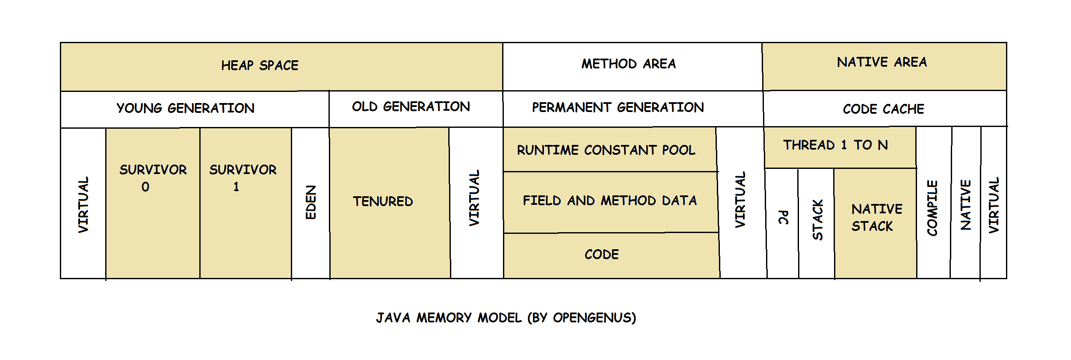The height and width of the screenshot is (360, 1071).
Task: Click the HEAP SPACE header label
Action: (260, 65)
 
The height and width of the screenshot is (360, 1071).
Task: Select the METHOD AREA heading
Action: (628, 64)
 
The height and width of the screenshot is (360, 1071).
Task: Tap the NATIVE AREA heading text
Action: (882, 62)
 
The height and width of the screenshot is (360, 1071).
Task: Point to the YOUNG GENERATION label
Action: (185, 108)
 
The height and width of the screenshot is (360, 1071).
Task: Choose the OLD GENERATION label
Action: (411, 106)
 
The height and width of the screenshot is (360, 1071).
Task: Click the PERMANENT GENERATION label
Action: (618, 107)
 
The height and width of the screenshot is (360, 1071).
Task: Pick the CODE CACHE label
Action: (883, 109)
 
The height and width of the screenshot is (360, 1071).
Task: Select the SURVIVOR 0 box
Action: (153, 203)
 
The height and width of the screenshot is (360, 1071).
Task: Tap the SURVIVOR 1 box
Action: (246, 203)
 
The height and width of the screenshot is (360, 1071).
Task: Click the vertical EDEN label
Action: (311, 202)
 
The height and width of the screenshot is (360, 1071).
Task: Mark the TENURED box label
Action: (383, 201)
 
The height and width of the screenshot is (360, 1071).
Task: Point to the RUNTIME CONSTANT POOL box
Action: (610, 150)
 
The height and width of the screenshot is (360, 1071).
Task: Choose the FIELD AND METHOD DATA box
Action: (611, 202)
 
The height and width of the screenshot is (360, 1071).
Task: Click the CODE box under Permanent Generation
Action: (612, 256)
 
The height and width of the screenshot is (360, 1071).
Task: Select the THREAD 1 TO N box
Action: (840, 148)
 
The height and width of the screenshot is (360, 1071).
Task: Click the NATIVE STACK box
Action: (875, 223)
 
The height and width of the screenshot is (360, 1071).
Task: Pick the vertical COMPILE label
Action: (932, 208)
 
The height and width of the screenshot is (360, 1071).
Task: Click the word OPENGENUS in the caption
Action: (592, 318)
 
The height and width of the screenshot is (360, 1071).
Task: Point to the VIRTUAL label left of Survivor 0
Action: (83, 205)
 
